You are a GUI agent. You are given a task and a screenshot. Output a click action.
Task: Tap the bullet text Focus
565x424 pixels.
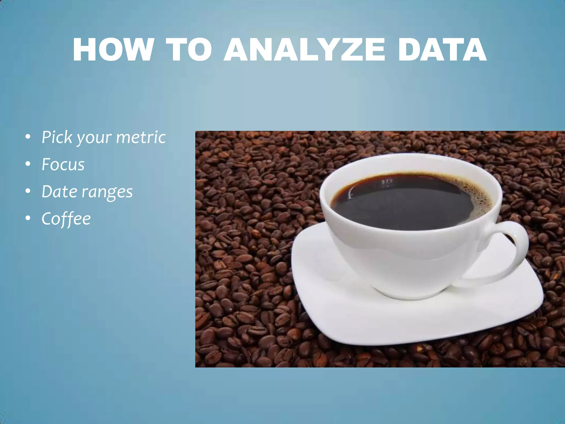click(63, 165)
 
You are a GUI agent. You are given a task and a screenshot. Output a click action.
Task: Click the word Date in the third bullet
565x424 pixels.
click(59, 191)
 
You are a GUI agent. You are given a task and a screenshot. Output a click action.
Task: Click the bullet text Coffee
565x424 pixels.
click(66, 219)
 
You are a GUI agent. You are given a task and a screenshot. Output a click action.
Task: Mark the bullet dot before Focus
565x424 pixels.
click(28, 164)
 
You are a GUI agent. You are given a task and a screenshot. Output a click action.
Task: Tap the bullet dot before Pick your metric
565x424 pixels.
click(28, 137)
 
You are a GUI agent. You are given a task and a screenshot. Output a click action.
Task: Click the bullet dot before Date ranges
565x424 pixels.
click(28, 191)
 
